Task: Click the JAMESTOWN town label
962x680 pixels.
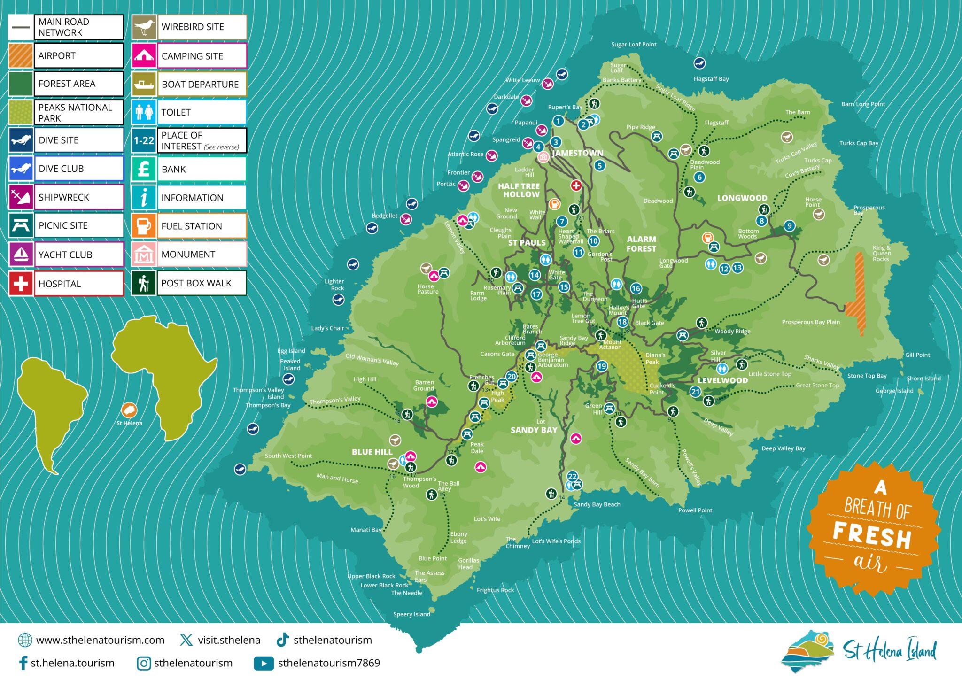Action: (x=577, y=153)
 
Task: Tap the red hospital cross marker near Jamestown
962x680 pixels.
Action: (x=576, y=185)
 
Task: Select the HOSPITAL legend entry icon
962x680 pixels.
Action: (x=21, y=283)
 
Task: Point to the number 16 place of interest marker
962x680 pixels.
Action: (x=636, y=288)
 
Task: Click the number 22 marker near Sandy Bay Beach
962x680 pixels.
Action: (x=572, y=476)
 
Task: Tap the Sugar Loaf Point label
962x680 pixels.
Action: (x=634, y=45)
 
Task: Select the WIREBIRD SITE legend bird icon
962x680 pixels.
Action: (x=144, y=27)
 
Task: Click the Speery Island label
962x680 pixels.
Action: (x=411, y=614)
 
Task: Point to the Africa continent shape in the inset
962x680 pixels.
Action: (x=164, y=371)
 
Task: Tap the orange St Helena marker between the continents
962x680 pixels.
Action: (x=129, y=410)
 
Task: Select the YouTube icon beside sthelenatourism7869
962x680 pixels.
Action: (x=264, y=663)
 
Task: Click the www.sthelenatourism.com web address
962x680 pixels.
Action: (x=100, y=640)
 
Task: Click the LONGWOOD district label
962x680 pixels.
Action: (x=742, y=198)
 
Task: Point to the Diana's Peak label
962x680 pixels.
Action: (x=655, y=358)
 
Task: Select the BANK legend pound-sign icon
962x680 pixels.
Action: (x=144, y=169)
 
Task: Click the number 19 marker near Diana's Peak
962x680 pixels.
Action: (x=602, y=366)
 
